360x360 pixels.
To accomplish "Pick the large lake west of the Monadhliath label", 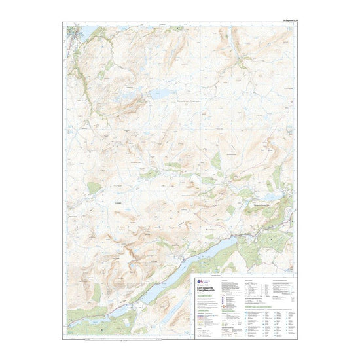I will pyautogui.click(x=159, y=94).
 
